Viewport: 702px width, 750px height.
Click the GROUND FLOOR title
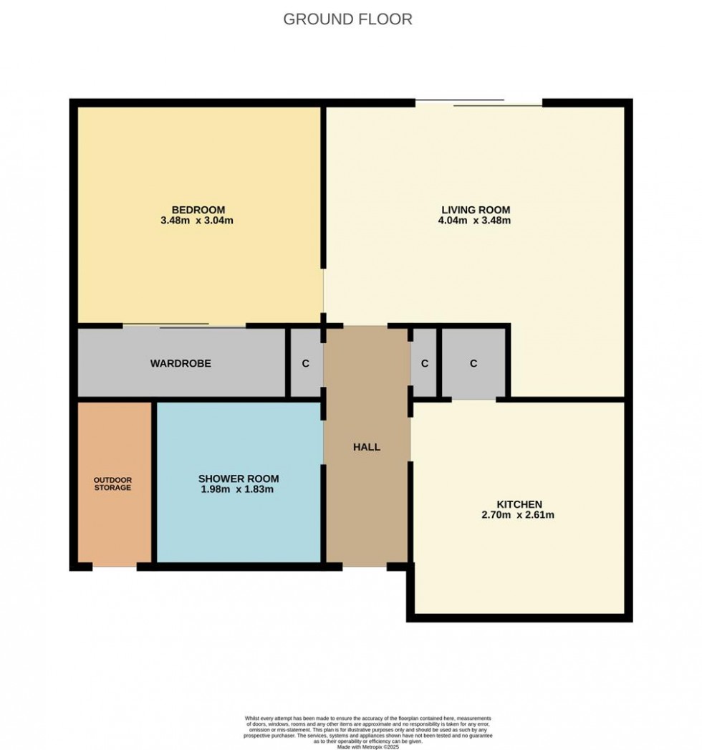pyautogui.click(x=347, y=19)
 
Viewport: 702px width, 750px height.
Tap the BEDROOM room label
pyautogui.click(x=198, y=209)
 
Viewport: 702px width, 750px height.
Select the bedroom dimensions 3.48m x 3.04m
pyautogui.click(x=198, y=221)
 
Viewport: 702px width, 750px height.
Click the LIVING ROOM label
pyautogui.click(x=476, y=209)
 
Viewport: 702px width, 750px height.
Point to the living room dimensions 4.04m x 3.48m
pyautogui.click(x=476, y=221)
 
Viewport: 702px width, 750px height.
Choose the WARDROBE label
pyautogui.click(x=181, y=363)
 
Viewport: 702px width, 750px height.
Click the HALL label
pyautogui.click(x=366, y=447)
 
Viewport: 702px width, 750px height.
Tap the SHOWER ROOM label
pyautogui.click(x=239, y=479)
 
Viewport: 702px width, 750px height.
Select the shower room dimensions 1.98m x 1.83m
pyautogui.click(x=239, y=490)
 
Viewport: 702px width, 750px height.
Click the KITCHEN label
pyautogui.click(x=519, y=504)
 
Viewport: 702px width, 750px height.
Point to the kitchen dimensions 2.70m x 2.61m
pyautogui.click(x=519, y=515)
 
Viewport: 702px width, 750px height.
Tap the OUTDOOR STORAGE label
pyautogui.click(x=112, y=484)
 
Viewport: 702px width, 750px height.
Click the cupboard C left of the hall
pyautogui.click(x=305, y=363)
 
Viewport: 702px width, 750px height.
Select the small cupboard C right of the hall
pyautogui.click(x=424, y=363)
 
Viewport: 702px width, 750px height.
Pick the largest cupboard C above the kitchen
pyautogui.click(x=473, y=363)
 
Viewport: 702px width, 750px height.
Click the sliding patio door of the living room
pyautogui.click(x=479, y=103)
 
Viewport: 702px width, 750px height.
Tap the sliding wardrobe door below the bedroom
pyautogui.click(x=184, y=327)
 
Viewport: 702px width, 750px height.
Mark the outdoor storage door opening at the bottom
pyautogui.click(x=115, y=567)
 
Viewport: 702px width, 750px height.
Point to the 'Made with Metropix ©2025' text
pyautogui.click(x=367, y=746)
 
